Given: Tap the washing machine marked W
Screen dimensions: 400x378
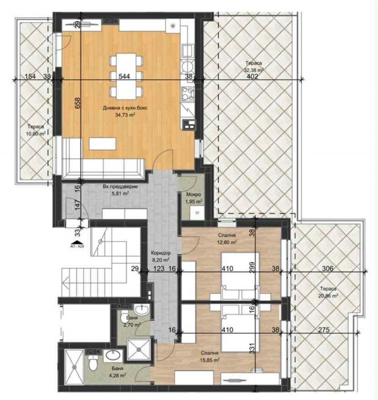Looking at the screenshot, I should [x=196, y=213].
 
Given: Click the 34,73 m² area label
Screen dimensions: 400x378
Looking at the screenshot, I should [x=118, y=114].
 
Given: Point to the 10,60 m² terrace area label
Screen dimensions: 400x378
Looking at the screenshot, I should [x=36, y=133].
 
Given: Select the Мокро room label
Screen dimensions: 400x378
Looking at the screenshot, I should [x=193, y=195].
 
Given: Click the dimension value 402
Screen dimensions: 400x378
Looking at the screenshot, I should [x=252, y=76].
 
